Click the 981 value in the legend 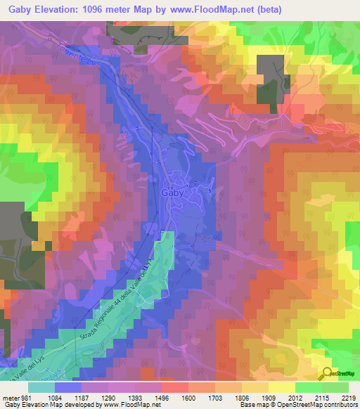22,397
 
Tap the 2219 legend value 349,397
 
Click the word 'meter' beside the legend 8,397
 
